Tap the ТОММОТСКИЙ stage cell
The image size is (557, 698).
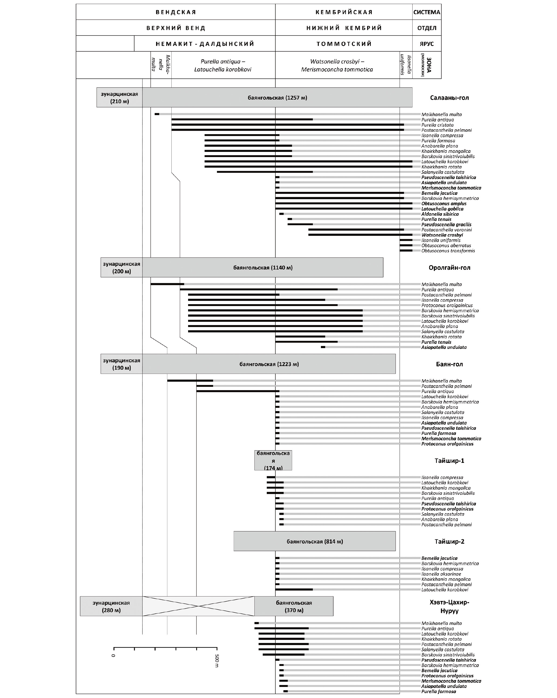click(x=344, y=44)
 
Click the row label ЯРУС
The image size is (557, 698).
click(x=427, y=44)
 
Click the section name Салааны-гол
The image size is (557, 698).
click(x=449, y=98)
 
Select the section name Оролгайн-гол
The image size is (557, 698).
click(x=449, y=268)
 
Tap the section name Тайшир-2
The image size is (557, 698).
click(x=449, y=541)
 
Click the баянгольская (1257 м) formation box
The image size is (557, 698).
click(x=277, y=98)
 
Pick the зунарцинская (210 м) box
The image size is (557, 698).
click(x=119, y=98)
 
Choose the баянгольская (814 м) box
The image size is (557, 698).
click(x=314, y=541)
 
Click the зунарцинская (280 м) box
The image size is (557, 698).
click(x=111, y=606)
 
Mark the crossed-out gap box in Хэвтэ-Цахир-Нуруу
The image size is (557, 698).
click(x=198, y=606)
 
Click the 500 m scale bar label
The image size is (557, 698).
click(x=217, y=661)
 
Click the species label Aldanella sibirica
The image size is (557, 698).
click(x=440, y=214)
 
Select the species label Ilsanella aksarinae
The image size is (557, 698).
click(x=441, y=574)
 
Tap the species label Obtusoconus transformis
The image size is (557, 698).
click(x=448, y=251)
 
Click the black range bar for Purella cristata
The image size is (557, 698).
click(x=288, y=125)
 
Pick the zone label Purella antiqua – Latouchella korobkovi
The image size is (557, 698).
click(x=223, y=65)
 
